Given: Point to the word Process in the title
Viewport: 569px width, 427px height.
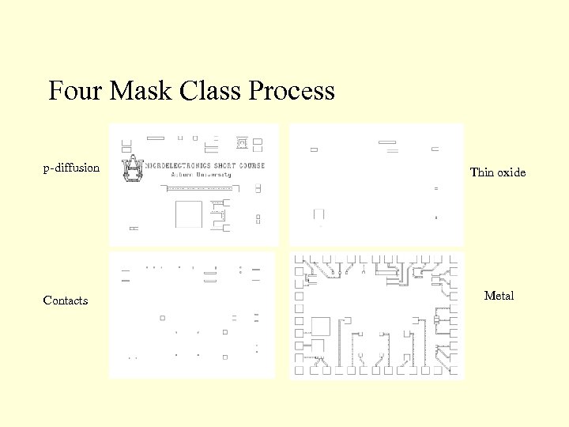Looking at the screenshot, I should pyautogui.click(x=292, y=92).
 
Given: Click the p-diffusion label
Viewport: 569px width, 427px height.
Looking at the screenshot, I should pyautogui.click(x=71, y=168).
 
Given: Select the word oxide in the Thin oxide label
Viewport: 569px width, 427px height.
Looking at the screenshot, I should pyautogui.click(x=511, y=172).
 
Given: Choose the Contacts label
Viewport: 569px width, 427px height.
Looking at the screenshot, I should pyautogui.click(x=66, y=300).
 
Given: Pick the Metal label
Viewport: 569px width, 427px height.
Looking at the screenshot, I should pyautogui.click(x=499, y=296).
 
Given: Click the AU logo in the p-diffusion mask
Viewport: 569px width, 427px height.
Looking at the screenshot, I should pyautogui.click(x=132, y=168).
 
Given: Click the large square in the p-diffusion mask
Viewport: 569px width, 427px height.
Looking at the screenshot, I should pyautogui.click(x=189, y=214).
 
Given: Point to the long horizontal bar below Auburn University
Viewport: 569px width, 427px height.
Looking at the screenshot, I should pyautogui.click(x=198, y=188).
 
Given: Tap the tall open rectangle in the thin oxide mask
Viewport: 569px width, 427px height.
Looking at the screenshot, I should pyautogui.click(x=318, y=214).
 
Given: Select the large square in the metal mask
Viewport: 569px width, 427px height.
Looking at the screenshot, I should pyautogui.click(x=320, y=327).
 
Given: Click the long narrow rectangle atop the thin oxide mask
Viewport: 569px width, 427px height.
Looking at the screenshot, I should pyautogui.click(x=387, y=142).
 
